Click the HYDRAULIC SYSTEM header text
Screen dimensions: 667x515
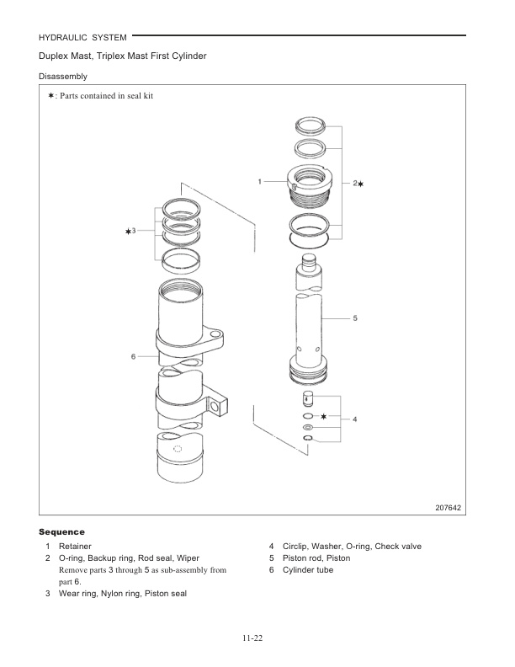(x=82, y=37)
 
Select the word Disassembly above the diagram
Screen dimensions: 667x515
(x=61, y=77)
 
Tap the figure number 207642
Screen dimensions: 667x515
(x=449, y=508)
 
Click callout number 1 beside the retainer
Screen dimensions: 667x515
(x=260, y=181)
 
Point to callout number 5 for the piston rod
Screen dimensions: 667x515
(x=355, y=318)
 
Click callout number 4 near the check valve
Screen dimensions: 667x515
(x=354, y=419)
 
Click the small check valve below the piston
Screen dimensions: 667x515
(x=308, y=398)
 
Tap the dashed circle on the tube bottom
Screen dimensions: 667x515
(x=177, y=450)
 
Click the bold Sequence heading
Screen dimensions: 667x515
(x=61, y=532)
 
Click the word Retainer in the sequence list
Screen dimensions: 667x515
(x=75, y=547)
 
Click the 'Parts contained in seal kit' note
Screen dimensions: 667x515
(x=105, y=95)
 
